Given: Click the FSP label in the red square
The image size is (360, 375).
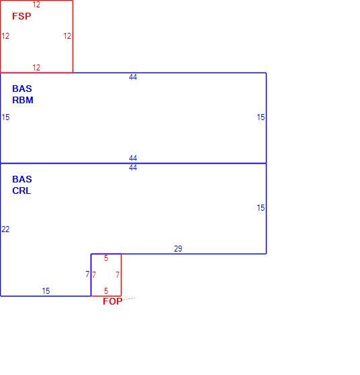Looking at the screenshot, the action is click(x=21, y=16).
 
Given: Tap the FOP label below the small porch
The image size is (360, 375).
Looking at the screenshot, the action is click(x=113, y=301).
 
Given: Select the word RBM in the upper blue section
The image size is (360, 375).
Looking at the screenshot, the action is click(x=23, y=100).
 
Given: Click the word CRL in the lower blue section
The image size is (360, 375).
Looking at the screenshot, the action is click(x=21, y=191).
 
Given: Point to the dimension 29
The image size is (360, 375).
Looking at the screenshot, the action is click(x=178, y=249).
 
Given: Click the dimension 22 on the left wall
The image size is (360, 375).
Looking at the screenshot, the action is click(x=5, y=229).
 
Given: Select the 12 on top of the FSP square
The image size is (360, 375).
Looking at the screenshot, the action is click(x=36, y=5).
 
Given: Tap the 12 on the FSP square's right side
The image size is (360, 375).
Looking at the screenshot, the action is click(x=67, y=36).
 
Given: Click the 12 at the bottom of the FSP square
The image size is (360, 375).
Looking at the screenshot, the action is click(x=36, y=68).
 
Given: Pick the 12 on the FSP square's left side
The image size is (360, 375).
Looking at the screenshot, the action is click(x=5, y=36).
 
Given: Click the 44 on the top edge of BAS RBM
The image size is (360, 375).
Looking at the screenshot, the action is click(x=133, y=77).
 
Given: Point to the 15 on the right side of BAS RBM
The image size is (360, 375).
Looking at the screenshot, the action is click(x=261, y=117).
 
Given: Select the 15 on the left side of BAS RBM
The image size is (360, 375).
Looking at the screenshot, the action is click(x=5, y=117).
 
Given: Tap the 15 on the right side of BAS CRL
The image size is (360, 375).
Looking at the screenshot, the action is click(x=261, y=208).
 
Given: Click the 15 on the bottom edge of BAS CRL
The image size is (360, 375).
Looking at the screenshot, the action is click(x=46, y=291).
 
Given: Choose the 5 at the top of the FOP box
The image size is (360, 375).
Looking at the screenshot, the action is click(x=106, y=258).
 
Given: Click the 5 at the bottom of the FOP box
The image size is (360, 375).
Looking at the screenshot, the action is click(x=106, y=291).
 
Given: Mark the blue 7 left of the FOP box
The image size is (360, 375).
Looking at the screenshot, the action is click(x=87, y=274).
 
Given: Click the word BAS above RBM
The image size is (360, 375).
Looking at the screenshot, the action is click(x=22, y=89).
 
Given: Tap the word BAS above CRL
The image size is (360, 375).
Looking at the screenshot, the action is click(x=22, y=179).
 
